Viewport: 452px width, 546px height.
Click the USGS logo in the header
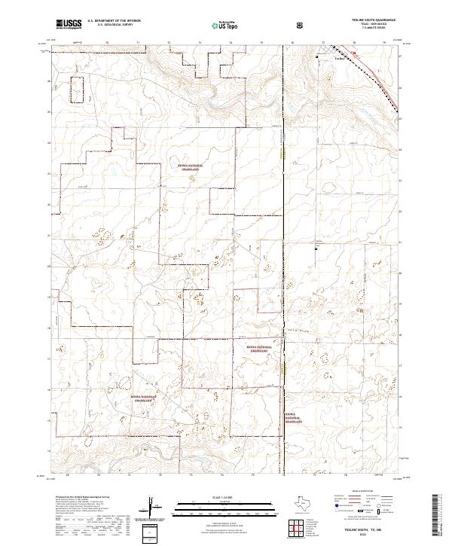point(69,25)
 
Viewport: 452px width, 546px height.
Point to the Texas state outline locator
point(307,505)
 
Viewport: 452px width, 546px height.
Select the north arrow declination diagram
point(154,505)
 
